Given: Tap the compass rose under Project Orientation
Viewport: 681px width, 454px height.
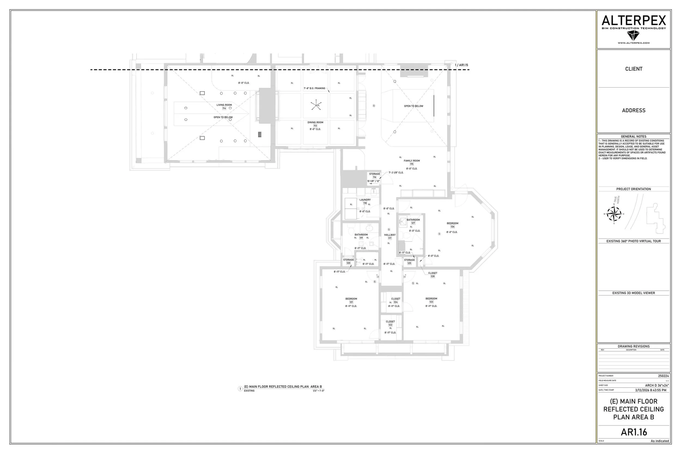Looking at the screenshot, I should coord(614,214).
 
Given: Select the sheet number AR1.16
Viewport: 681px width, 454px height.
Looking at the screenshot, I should coord(634,432).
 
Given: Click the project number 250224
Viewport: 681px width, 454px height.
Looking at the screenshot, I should coord(663,376).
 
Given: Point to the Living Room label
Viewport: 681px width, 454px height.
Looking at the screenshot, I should coord(224,105).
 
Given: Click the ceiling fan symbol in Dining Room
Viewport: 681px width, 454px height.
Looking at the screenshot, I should coord(316,105).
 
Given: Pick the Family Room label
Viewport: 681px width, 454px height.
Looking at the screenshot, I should coord(412,161).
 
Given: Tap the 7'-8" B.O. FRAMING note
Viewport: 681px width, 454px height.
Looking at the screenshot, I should coord(314,88).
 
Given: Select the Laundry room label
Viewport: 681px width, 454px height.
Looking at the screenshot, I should coord(365,200).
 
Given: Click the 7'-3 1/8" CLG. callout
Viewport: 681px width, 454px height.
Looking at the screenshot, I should coord(396,173).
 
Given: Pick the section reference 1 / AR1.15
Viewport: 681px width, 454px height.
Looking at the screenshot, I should coord(461,65).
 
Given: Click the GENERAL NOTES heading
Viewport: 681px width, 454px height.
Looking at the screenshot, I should coord(634,136).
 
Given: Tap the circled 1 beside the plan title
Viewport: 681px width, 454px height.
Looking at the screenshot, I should coord(240,389).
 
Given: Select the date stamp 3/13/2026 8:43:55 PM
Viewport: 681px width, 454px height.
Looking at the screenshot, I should coord(650,390).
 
